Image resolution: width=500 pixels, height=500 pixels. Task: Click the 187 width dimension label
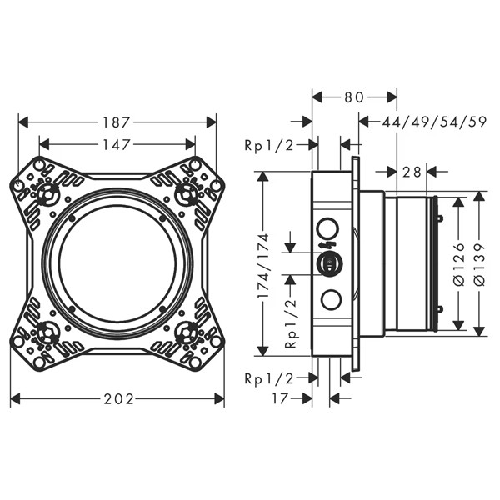[117, 122]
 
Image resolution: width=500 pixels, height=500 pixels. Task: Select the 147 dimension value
[117, 144]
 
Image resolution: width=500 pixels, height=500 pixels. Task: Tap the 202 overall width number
[117, 399]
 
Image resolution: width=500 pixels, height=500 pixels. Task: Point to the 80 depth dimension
[354, 97]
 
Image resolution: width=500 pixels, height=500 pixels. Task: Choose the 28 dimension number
[411, 172]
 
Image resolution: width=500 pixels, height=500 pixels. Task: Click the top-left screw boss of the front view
[47, 195]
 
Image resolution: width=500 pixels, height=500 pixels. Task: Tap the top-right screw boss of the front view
[187, 195]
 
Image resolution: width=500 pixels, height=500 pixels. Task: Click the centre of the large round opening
[117, 263]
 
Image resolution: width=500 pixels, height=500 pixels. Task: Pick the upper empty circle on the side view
[329, 227]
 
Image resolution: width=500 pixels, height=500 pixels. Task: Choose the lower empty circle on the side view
[329, 301]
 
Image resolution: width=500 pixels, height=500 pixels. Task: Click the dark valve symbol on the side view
[329, 263]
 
